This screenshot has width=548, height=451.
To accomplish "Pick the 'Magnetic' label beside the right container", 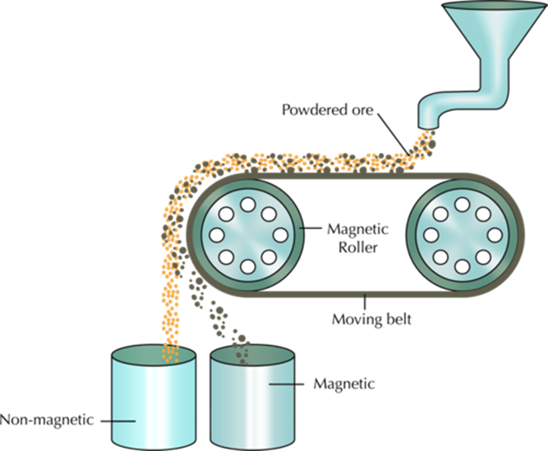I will click(x=345, y=383).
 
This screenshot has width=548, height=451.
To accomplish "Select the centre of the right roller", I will click(x=462, y=234).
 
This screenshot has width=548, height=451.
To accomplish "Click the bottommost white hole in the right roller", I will click(x=462, y=266).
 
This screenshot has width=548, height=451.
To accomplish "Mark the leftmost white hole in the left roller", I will click(x=216, y=234).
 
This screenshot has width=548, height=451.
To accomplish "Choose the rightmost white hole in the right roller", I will click(x=494, y=234).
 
